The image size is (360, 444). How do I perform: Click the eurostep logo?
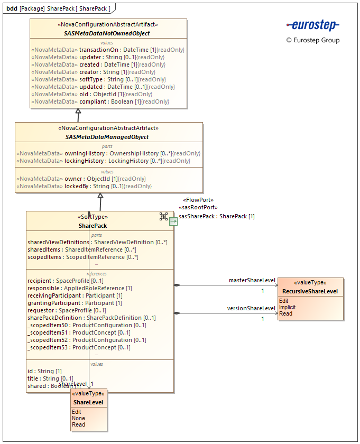pyautogui.click(x=313, y=25)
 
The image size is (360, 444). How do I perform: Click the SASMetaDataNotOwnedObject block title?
pyautogui.click(x=108, y=33)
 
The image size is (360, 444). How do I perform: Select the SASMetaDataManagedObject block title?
pyautogui.click(x=107, y=137)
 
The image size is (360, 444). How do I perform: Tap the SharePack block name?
pyautogui.click(x=93, y=226)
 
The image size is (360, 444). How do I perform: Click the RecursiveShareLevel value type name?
pyautogui.click(x=310, y=291)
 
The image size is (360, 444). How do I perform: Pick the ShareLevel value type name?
pyautogui.click(x=89, y=403)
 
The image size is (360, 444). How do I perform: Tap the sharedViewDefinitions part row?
pyautogui.click(x=97, y=242)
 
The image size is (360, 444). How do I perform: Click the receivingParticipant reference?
pyautogui.click(x=75, y=295)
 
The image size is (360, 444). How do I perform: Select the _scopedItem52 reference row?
pyautogui.click(x=87, y=340)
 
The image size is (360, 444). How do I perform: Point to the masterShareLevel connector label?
pyautogui.click(x=252, y=280)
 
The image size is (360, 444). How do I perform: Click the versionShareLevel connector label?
pyautogui.click(x=251, y=308)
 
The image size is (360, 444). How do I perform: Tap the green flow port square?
pyautogui.click(x=173, y=222)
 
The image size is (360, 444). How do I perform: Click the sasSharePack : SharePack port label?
pyautogui.click(x=217, y=216)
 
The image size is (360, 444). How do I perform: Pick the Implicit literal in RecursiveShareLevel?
pyautogui.click(x=288, y=307)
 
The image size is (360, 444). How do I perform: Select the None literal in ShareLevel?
pyautogui.click(x=78, y=418)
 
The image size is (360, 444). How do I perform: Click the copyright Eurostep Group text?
pyautogui.click(x=313, y=40)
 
